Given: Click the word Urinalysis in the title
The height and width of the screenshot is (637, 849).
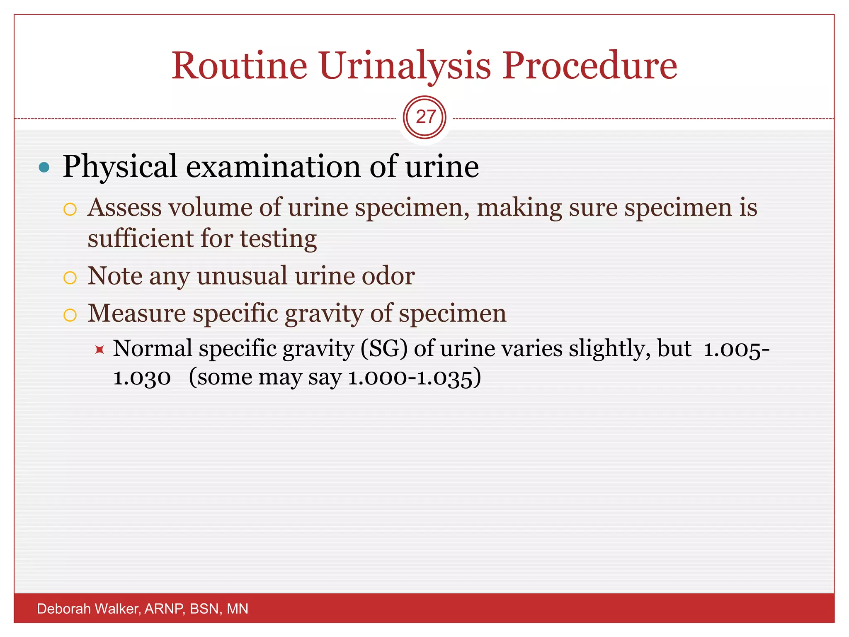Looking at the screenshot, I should click(x=405, y=66).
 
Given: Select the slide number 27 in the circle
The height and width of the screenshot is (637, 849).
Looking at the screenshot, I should click(x=425, y=117).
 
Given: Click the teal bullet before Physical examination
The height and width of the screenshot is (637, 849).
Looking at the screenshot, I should click(x=44, y=168).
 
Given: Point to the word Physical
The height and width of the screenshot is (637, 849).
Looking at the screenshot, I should click(x=120, y=167).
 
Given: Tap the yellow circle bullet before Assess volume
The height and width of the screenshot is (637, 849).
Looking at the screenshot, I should click(x=70, y=209).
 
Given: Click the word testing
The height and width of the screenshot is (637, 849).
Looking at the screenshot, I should click(x=278, y=240).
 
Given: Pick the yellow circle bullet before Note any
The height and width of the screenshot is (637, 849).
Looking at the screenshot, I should click(x=70, y=277).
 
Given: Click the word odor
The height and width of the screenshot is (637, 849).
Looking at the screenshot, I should click(x=388, y=276).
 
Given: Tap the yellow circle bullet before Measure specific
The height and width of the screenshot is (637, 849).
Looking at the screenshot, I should click(x=70, y=315).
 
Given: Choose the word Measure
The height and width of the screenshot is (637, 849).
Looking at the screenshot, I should click(x=137, y=313).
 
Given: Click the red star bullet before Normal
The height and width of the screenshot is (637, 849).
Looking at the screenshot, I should click(x=99, y=350).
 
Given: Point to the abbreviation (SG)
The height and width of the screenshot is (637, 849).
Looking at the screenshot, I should click(x=384, y=348).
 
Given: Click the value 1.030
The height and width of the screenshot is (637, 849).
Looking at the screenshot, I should click(x=142, y=378).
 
